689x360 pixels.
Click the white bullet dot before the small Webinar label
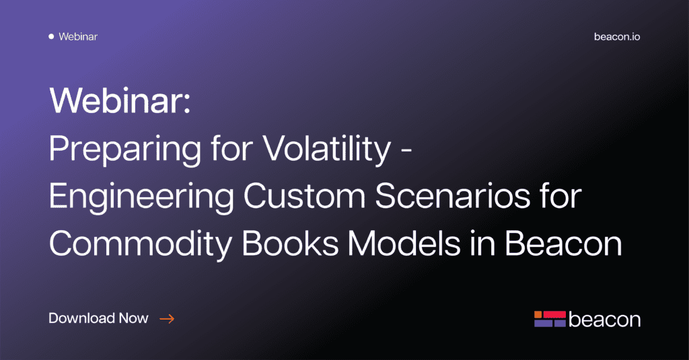pos(51,36)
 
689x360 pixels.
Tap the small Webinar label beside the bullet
pos(78,36)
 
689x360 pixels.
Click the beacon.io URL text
pos(617,36)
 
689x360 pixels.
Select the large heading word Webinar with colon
pos(120,100)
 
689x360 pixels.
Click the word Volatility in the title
pos(327,149)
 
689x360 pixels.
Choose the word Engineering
pos(141,196)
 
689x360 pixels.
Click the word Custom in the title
pos(305,196)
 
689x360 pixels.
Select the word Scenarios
pos(453,196)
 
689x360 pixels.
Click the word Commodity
pos(140,244)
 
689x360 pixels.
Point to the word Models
pos(404,243)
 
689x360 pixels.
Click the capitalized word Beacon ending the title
pos(563,243)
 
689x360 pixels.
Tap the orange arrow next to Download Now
pos(167,319)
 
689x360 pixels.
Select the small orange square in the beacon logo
pos(538,314)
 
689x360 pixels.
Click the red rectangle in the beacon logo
pos(554,314)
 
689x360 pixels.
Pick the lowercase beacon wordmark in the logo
pos(604,319)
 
